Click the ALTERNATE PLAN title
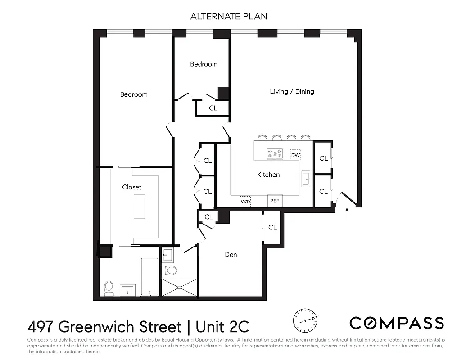228,16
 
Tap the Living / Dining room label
292,91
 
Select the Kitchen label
268,175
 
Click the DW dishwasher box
295,155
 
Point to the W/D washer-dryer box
245,202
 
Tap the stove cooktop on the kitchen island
275,154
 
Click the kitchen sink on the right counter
306,178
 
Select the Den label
231,255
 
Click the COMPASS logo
397,323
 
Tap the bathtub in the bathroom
149,276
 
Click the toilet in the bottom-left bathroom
109,288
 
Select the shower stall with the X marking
179,288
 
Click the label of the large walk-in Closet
131,187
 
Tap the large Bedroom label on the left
134,94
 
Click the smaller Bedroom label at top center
204,64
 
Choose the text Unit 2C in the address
219,326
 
